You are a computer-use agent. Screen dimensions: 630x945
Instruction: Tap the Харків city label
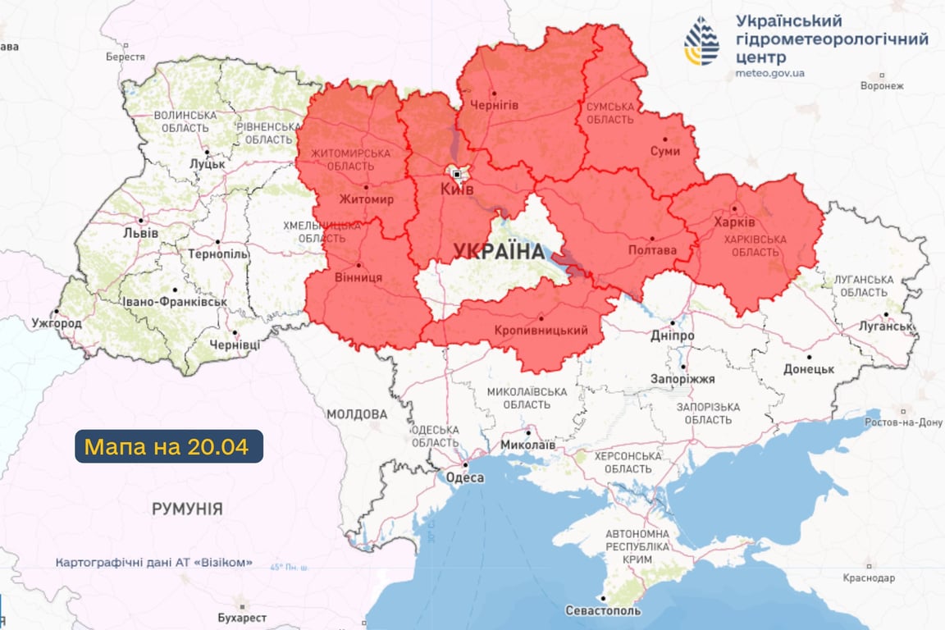click(x=734, y=222)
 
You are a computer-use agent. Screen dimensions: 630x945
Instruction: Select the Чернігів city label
click(x=494, y=105)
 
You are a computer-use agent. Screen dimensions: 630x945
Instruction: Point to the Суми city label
click(x=664, y=152)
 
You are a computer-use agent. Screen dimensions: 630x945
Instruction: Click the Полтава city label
click(x=652, y=250)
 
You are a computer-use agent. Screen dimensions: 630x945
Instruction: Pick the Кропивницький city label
click(x=541, y=331)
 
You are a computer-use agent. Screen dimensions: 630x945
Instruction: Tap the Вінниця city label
click(x=358, y=277)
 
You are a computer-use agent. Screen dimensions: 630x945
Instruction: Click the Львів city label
click(x=142, y=233)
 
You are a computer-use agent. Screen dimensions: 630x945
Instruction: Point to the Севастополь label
click(x=603, y=611)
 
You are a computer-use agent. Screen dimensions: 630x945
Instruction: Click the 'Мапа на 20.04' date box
click(x=169, y=446)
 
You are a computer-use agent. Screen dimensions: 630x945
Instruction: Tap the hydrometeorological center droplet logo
click(x=701, y=40)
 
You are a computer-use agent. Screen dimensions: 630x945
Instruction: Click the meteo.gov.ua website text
click(x=769, y=73)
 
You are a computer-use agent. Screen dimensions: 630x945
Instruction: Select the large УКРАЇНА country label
click(x=500, y=251)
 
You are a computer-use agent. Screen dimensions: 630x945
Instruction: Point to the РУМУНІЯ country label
click(x=187, y=509)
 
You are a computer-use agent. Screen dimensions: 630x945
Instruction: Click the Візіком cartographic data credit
click(x=154, y=564)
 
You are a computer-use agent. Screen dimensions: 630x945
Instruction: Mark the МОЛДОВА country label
click(x=357, y=414)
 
